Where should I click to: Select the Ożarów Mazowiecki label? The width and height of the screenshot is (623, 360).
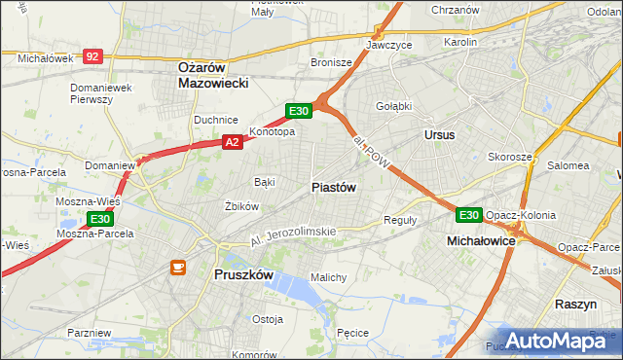(x=214, y=75)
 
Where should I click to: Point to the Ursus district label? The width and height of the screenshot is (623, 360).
(x=439, y=134)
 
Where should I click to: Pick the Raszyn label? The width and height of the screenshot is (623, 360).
(x=575, y=305)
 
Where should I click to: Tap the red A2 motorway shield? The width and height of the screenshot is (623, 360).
(x=232, y=142)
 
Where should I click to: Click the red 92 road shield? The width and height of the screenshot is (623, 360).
(x=92, y=56)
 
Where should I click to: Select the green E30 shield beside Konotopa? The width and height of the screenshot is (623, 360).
(x=298, y=111)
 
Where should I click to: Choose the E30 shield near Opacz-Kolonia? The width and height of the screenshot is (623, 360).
(x=469, y=214)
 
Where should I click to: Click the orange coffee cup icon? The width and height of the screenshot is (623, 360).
(x=178, y=266)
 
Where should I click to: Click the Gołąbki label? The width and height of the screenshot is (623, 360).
(x=393, y=106)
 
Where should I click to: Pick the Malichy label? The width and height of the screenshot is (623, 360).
(x=328, y=277)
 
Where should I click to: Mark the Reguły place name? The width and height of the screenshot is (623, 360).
(x=400, y=220)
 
